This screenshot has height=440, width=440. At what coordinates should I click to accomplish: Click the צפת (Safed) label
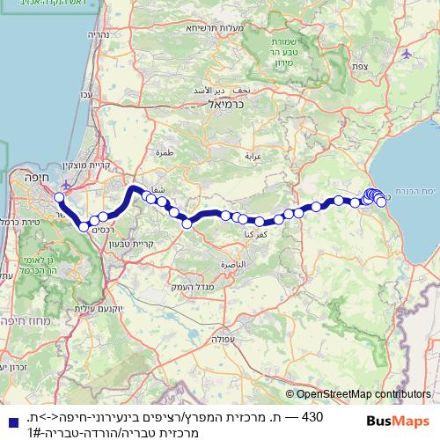[358, 67]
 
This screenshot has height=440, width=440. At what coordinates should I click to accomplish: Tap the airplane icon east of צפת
[406, 54]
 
